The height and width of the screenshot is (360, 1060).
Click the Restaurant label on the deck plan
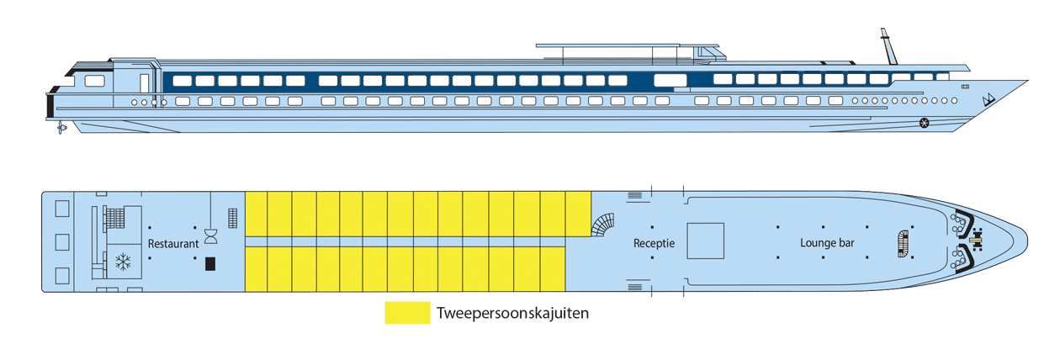(x=173, y=244)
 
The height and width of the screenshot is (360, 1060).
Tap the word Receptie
(x=654, y=243)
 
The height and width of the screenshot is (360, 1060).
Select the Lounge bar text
(x=827, y=243)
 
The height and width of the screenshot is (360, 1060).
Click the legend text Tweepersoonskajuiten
(x=512, y=313)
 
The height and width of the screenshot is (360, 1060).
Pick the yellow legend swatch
(x=407, y=313)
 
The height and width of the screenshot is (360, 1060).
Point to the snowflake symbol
(x=124, y=262)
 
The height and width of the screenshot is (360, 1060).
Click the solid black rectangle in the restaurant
(x=210, y=263)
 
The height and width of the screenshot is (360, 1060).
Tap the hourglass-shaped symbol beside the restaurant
(x=210, y=236)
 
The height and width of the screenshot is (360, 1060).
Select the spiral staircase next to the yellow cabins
(x=603, y=225)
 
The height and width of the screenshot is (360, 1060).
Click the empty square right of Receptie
(x=705, y=241)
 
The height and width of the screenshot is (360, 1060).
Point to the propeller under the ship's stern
(x=61, y=127)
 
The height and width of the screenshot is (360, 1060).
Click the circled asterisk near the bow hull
(x=924, y=123)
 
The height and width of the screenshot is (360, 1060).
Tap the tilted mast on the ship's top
(x=888, y=46)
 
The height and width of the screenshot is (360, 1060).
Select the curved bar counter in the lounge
(x=904, y=244)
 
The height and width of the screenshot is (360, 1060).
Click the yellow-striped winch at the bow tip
(x=976, y=240)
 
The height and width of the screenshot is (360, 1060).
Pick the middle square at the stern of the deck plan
(x=62, y=242)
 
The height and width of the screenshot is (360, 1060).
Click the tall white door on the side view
(x=145, y=83)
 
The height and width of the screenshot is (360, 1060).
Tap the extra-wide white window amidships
(x=670, y=81)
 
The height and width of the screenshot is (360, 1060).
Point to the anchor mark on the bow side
(x=988, y=100)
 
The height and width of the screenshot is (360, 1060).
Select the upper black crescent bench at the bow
(x=967, y=221)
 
